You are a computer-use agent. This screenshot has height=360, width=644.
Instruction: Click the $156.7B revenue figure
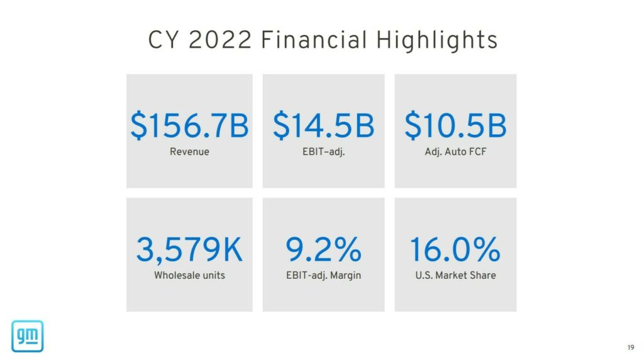[x=189, y=126]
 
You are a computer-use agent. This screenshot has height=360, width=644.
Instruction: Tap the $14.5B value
[x=323, y=126]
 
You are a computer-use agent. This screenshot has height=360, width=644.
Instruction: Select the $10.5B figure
[x=455, y=126]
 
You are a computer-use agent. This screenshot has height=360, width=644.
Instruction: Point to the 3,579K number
[x=189, y=250]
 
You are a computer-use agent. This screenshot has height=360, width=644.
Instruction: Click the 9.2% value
[x=323, y=250]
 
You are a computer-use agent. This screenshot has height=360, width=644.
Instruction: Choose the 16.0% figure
[x=455, y=250]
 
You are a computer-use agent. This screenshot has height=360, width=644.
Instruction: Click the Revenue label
[x=189, y=152]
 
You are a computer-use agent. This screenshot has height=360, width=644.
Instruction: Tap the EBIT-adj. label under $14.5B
[x=323, y=152]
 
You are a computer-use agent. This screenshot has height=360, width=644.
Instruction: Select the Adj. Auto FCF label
[x=455, y=152]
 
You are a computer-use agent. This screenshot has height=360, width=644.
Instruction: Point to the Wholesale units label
[x=189, y=275]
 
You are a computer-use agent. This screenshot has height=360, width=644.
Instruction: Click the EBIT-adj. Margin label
[x=323, y=275]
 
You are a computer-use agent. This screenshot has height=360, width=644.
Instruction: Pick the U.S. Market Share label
[x=455, y=275]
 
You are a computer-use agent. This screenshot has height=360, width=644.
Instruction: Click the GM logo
[x=27, y=335]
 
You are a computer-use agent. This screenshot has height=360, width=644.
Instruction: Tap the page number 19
[x=631, y=347]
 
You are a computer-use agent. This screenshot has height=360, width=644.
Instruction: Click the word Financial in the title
[x=314, y=40]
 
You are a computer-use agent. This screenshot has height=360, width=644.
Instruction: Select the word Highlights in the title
[x=437, y=40]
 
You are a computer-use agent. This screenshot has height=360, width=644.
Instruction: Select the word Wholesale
[x=177, y=275]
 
